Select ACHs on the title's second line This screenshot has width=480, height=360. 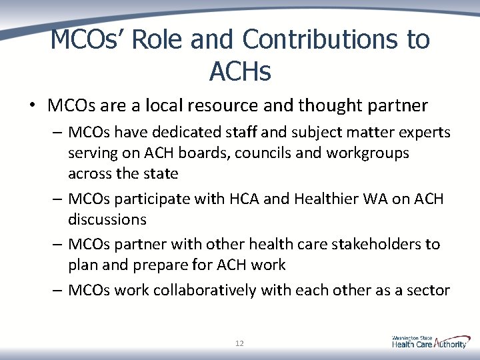240,71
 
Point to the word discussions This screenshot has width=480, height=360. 107,219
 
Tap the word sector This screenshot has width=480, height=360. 429,290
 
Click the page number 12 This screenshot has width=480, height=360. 239,343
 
